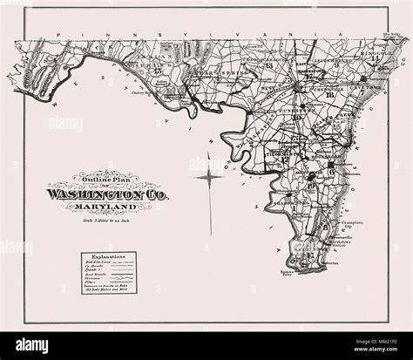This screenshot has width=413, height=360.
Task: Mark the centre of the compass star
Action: [210, 179]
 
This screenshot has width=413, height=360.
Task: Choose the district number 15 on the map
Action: [157, 71]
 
